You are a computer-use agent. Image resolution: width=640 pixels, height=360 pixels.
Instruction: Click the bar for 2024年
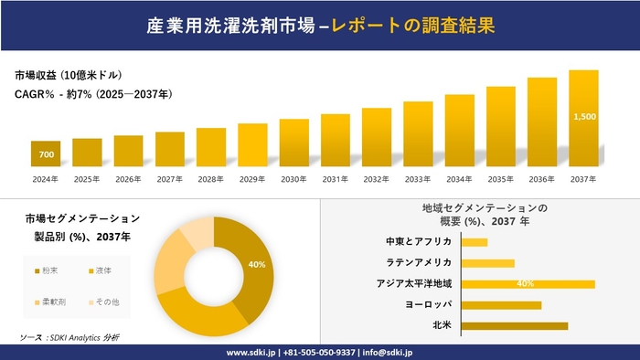point(46,154)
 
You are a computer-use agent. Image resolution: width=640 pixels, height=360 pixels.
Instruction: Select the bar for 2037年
point(583,119)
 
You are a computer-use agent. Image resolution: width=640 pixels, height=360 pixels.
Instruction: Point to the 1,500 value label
point(583,117)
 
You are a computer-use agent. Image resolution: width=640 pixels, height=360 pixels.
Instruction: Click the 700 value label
point(46,154)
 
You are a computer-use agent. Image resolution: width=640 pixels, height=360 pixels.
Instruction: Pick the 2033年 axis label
point(418,179)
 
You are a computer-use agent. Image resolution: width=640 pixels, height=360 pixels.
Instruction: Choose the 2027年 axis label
point(170,179)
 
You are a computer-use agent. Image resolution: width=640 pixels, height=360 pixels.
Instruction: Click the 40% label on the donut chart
point(257,265)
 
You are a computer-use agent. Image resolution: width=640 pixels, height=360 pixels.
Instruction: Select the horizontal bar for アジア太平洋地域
point(528,283)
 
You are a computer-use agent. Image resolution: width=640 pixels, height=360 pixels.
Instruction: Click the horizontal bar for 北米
point(515,325)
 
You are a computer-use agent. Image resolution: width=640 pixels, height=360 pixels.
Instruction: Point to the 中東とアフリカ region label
point(419,242)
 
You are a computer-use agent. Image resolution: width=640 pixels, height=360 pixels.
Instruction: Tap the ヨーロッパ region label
point(426,304)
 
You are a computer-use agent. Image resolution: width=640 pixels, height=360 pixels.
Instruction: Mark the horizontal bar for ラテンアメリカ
point(488,263)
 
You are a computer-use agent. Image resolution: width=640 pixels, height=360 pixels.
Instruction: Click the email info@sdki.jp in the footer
point(389,352)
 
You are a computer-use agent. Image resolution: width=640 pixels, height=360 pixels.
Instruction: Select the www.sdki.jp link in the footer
point(251,352)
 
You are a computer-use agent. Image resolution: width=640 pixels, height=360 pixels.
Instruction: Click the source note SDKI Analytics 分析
point(83,337)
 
